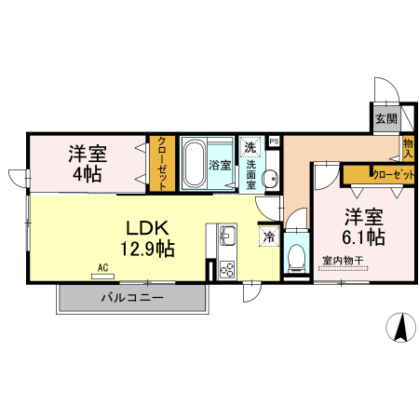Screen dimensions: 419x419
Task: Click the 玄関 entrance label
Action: click(386, 118)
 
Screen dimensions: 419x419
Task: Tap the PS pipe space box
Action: click(273, 142)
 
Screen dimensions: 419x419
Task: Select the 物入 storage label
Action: click(408, 149)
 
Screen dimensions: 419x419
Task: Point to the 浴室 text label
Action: click(221, 165)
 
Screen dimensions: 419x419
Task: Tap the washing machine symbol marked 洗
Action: click(250, 147)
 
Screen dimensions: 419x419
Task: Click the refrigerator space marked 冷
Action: click(268, 237)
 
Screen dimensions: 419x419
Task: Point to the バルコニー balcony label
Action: click(132, 298)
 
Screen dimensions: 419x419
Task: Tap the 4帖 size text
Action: click(87, 174)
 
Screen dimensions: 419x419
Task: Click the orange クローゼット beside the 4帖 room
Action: click(162, 163)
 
